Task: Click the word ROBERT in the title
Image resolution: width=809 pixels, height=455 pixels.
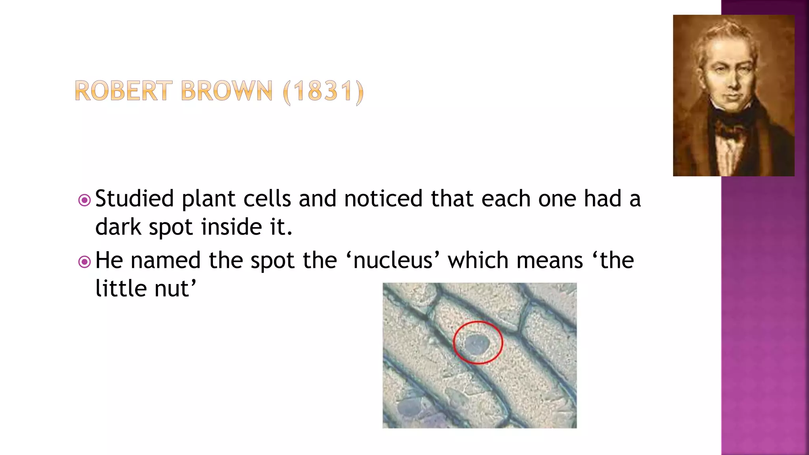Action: [123, 91]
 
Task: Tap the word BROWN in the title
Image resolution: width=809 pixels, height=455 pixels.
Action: [227, 91]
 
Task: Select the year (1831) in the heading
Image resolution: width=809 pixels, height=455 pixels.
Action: [323, 92]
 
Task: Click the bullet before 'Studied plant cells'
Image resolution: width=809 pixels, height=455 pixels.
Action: [84, 200]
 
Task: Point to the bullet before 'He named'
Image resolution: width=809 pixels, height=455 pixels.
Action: [84, 262]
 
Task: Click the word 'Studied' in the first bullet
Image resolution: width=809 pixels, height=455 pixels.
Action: [134, 199]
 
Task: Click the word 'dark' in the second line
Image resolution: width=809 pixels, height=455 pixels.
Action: [118, 227]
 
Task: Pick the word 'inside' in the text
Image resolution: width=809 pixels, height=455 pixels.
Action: [231, 227]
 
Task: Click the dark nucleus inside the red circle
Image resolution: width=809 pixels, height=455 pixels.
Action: [477, 344]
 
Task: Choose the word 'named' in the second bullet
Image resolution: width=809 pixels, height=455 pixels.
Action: [166, 261]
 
